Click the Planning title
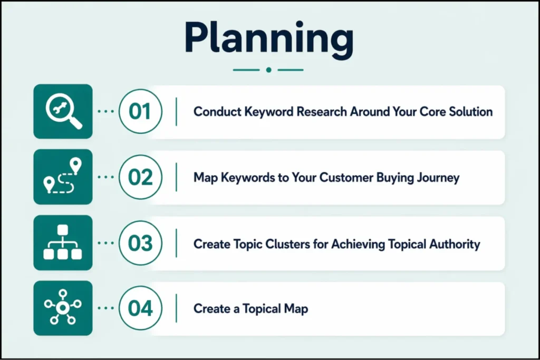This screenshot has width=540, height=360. tap(269, 38)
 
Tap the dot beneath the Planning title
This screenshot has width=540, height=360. tap(269, 70)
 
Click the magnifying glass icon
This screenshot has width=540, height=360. tap(63, 111)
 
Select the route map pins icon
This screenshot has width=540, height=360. tap(63, 177)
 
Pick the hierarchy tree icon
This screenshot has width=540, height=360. tap(63, 242)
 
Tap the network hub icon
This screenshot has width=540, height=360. tap(63, 308)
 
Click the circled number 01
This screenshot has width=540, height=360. tap(140, 112)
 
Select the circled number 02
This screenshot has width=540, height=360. tap(140, 177)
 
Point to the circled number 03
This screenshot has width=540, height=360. tap(140, 243)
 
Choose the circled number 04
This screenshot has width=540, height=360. tap(140, 308)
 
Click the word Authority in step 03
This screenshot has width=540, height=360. tap(455, 244)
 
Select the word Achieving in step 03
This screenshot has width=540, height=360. tap(357, 244)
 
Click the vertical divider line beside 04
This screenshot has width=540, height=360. tap(176, 308)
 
